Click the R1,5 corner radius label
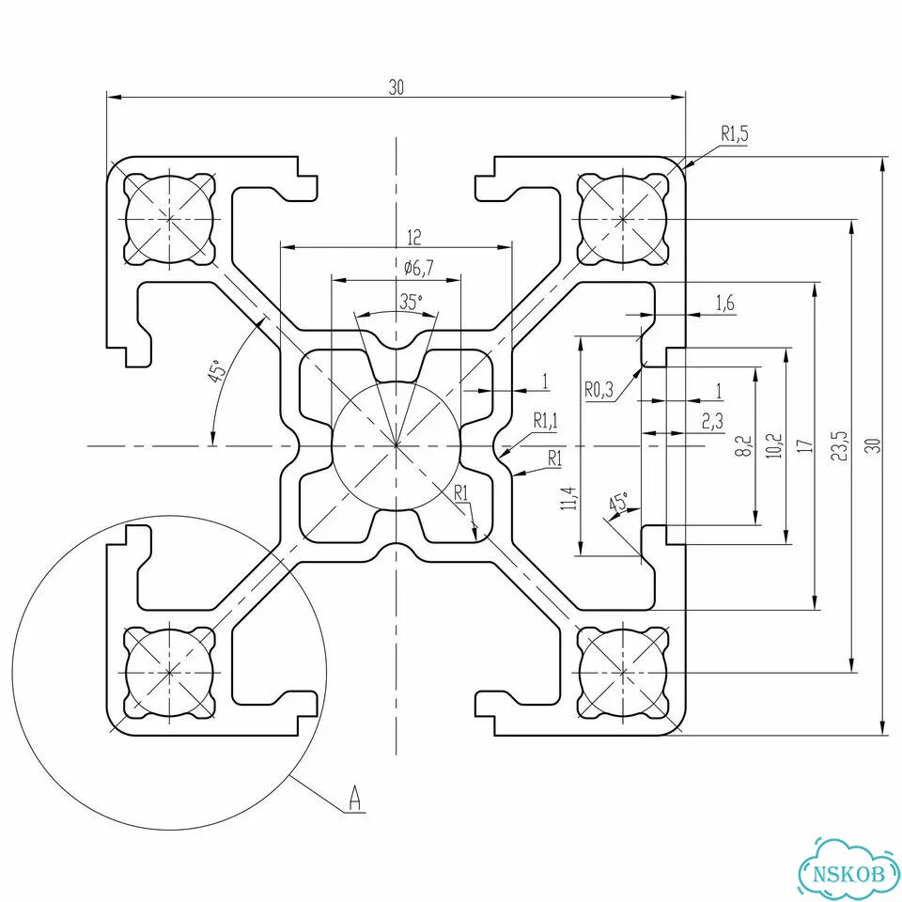click(x=735, y=134)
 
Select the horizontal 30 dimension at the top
click(x=397, y=87)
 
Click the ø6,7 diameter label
click(x=419, y=267)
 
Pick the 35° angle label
click(x=411, y=301)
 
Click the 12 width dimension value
click(x=414, y=237)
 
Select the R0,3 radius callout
click(x=599, y=390)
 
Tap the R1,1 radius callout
click(x=544, y=421)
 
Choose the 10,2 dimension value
click(x=775, y=445)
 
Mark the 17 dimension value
click(x=807, y=445)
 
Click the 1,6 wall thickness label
click(x=725, y=303)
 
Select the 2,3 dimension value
click(x=712, y=422)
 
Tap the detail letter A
click(x=355, y=798)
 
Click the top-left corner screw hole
click(x=170, y=219)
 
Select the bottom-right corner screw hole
click(x=624, y=672)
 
